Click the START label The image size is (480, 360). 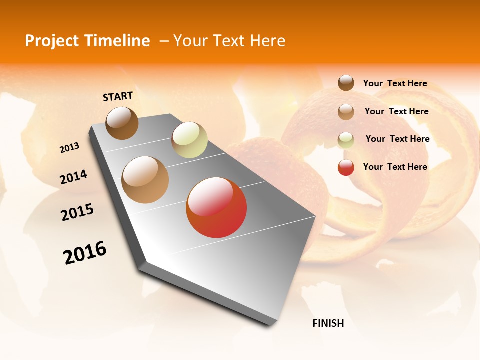118,96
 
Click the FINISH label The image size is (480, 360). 328,323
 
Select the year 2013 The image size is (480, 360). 69,148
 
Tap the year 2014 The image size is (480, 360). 73,177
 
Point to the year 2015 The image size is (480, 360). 77,212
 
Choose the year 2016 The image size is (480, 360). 85,253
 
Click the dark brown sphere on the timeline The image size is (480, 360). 122,123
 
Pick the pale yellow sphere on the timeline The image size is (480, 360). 189,140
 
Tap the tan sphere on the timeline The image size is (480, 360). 145,180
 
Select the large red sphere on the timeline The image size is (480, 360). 216,207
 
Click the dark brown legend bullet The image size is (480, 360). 346,83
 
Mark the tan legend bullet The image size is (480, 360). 346,111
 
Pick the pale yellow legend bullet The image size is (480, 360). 346,139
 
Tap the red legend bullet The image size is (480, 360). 346,167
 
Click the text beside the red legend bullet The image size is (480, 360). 395,167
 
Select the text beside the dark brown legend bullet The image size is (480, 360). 395,83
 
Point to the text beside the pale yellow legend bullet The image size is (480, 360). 398,139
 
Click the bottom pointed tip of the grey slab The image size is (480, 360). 270,325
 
